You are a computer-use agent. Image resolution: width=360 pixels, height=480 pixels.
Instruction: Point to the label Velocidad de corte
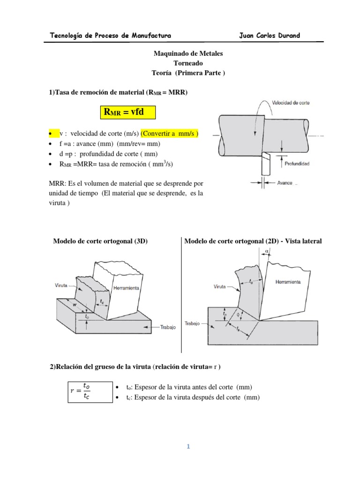point(291,102)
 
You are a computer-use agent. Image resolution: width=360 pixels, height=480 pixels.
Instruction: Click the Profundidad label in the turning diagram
point(298,164)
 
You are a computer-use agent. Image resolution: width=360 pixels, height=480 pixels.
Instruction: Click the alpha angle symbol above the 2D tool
point(267,252)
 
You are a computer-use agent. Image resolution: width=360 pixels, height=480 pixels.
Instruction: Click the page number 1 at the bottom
point(188,447)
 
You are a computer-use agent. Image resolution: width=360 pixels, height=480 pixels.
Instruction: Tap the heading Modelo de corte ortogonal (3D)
point(100,241)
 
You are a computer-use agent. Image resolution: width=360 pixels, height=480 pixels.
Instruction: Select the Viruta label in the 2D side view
point(220,285)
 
